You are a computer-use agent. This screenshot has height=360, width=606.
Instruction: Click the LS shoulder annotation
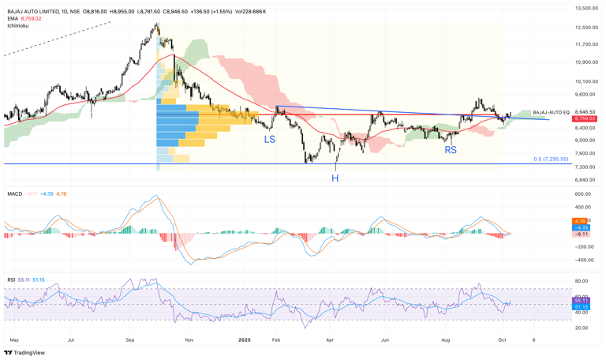tap(270, 139)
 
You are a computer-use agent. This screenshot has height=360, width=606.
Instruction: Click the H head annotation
tap(335, 179)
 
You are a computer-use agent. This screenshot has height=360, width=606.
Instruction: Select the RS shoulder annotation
tap(451, 150)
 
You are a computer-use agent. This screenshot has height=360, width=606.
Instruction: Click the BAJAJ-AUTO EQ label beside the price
tap(551, 112)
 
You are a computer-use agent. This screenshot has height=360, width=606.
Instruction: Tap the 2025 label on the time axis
tap(245, 339)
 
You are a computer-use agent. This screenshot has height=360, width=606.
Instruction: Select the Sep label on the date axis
tap(130, 339)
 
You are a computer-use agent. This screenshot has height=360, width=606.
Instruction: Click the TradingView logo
tap(25, 353)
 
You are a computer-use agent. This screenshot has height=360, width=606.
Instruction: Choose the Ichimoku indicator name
tap(18, 25)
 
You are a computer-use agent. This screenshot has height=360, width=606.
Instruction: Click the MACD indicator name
tap(14, 193)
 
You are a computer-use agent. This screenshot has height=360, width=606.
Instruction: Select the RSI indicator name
tap(11, 279)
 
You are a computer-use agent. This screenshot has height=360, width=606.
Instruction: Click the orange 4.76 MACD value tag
tap(581, 221)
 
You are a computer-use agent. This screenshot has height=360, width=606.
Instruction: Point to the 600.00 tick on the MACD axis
tap(583, 194)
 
